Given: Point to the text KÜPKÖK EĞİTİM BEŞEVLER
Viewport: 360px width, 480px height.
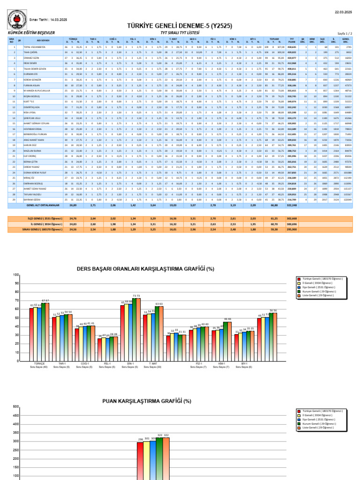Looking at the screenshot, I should click(29, 33).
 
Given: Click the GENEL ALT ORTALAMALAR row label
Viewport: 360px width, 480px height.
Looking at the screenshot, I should click(44, 205).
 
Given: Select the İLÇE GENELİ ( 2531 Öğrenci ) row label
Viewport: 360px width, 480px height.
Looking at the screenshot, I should click(44, 218).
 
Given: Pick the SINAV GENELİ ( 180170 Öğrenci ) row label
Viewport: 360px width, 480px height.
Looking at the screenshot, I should click(44, 230).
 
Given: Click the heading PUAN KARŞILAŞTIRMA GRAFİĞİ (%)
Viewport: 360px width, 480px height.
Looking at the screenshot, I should click(146, 401).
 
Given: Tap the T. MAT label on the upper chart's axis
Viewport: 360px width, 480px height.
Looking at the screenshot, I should click(153, 363).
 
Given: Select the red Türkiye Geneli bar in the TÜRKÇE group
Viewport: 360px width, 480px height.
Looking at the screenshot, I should click(31, 334).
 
